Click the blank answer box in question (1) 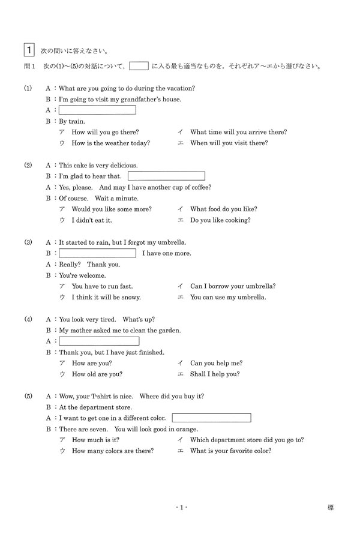[97, 110]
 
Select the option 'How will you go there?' [105, 132]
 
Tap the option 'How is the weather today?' [110, 143]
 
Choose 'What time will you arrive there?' [238, 132]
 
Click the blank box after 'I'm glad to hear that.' [166, 176]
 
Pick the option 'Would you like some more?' [111, 209]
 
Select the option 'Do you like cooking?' [220, 220]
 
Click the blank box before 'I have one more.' [97, 253]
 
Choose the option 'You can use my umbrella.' [228, 297]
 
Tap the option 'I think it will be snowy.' [106, 297]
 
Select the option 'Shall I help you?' [215, 374]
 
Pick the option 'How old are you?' [97, 374]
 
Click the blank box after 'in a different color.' [211, 418]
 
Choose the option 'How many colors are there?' [112, 451]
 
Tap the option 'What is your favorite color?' [230, 451]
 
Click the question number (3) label [28, 242]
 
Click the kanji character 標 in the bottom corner [331, 508]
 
